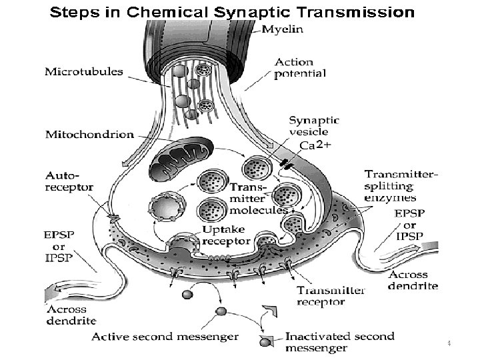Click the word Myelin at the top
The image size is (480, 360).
pyautogui.click(x=282, y=29)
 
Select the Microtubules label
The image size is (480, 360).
pyautogui.click(x=84, y=71)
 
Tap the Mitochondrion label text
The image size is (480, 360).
pyautogui.click(x=89, y=134)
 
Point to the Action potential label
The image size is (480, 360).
pyautogui.click(x=300, y=68)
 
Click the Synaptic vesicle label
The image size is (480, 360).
pyautogui.click(x=313, y=126)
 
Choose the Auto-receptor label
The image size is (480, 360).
pyautogui.click(x=69, y=181)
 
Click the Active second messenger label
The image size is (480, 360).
pyautogui.click(x=165, y=337)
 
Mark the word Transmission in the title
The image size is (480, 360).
pyautogui.click(x=359, y=12)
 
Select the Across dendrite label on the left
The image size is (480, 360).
pyautogui.click(x=71, y=314)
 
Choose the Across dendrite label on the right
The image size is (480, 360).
pyautogui.click(x=413, y=280)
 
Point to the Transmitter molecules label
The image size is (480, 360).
pyautogui.click(x=256, y=198)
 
